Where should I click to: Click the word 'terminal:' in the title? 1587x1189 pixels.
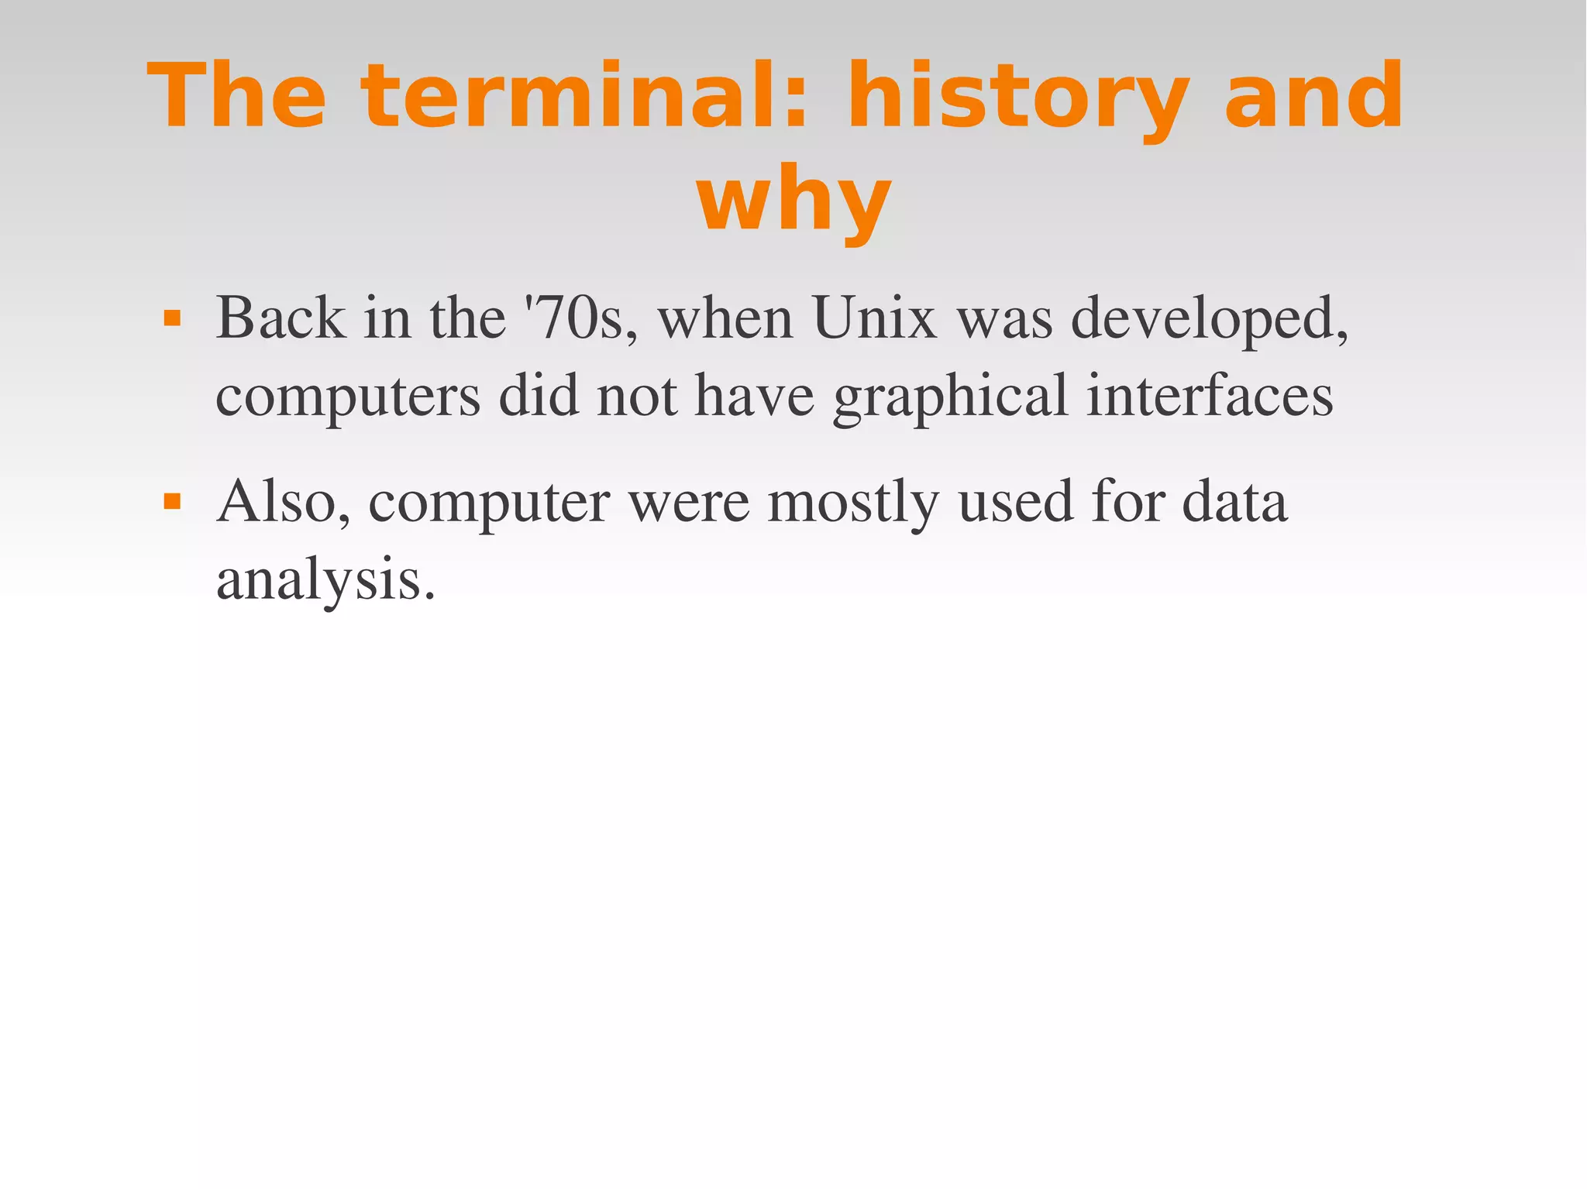click(x=585, y=96)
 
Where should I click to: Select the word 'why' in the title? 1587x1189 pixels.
click(x=793, y=200)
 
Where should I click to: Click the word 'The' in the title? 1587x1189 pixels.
click(x=236, y=96)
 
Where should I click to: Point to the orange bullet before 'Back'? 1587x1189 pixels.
click(x=172, y=318)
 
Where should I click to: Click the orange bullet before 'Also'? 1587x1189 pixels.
click(x=172, y=502)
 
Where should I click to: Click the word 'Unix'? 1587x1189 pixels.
click(x=875, y=318)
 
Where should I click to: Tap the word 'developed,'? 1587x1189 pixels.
click(x=1209, y=320)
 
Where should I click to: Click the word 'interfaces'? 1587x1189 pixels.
click(x=1210, y=395)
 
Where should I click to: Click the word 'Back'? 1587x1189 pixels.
click(x=281, y=318)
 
